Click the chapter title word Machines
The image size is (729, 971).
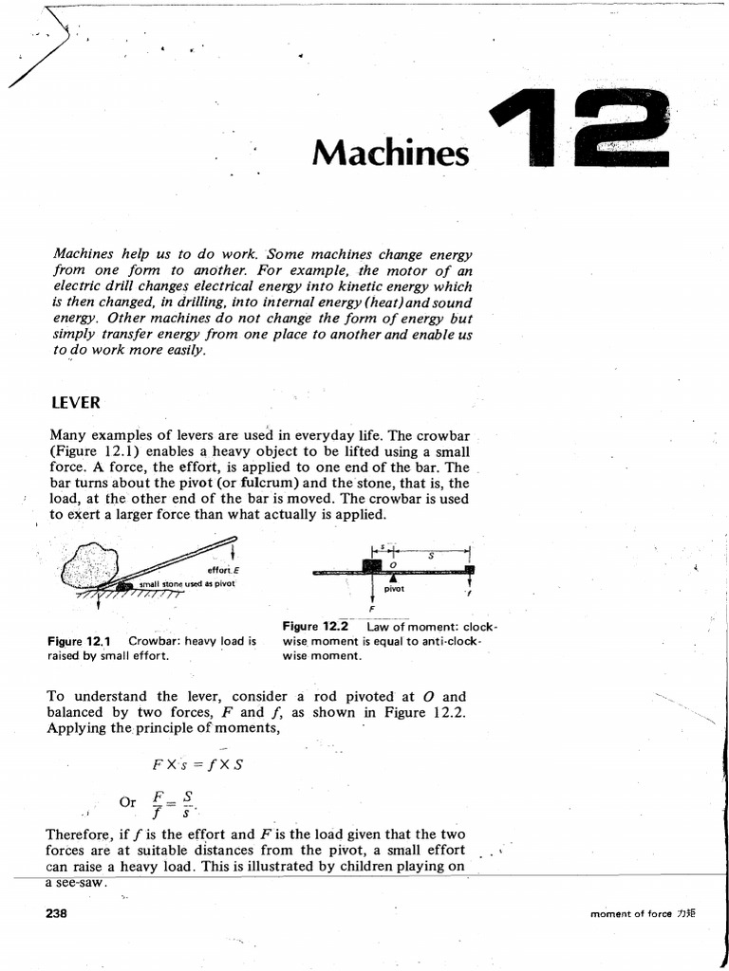(x=390, y=152)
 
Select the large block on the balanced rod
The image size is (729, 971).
(x=371, y=566)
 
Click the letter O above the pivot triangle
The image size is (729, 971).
(x=393, y=563)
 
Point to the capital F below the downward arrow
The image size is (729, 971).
(x=371, y=609)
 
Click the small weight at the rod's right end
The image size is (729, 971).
(x=469, y=569)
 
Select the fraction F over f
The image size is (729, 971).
(x=158, y=802)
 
